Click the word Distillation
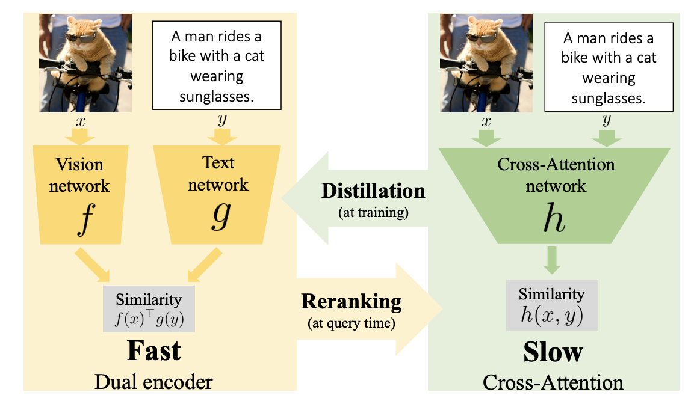pos(373,191)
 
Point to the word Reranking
pos(352,301)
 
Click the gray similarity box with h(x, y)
pos(552,305)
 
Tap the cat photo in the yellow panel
pos(85,63)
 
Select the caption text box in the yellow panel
pos(218,66)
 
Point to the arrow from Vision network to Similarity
pos(93,265)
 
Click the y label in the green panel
pos(606,120)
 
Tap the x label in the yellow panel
pos(79,120)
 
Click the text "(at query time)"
pos(352,323)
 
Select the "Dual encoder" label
pos(153,381)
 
